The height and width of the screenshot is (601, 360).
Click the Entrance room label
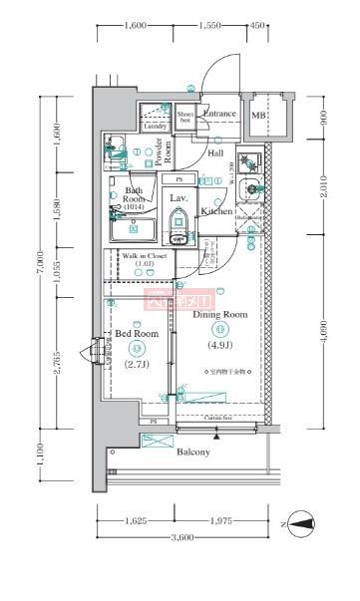coord(219,114)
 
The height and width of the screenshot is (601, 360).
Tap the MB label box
coord(258,116)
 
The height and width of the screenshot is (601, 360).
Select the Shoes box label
coord(185,117)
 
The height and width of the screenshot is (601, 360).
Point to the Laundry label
coord(154,127)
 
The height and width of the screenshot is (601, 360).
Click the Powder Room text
coord(167,150)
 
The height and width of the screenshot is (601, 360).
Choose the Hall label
coord(215,153)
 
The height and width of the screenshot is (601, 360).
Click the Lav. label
coord(179,198)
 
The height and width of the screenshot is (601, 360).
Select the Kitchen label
coord(216,211)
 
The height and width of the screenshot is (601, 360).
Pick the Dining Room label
coord(218,314)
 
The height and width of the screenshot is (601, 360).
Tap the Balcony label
coord(193,452)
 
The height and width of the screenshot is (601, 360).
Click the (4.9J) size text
coord(219,347)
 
